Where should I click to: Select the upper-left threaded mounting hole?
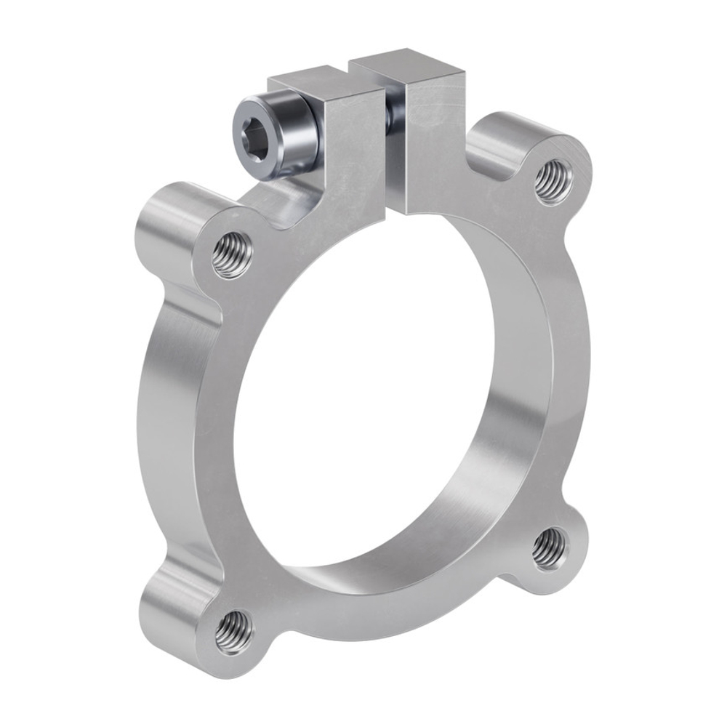(x=233, y=254)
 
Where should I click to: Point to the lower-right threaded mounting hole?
(x=549, y=549)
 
